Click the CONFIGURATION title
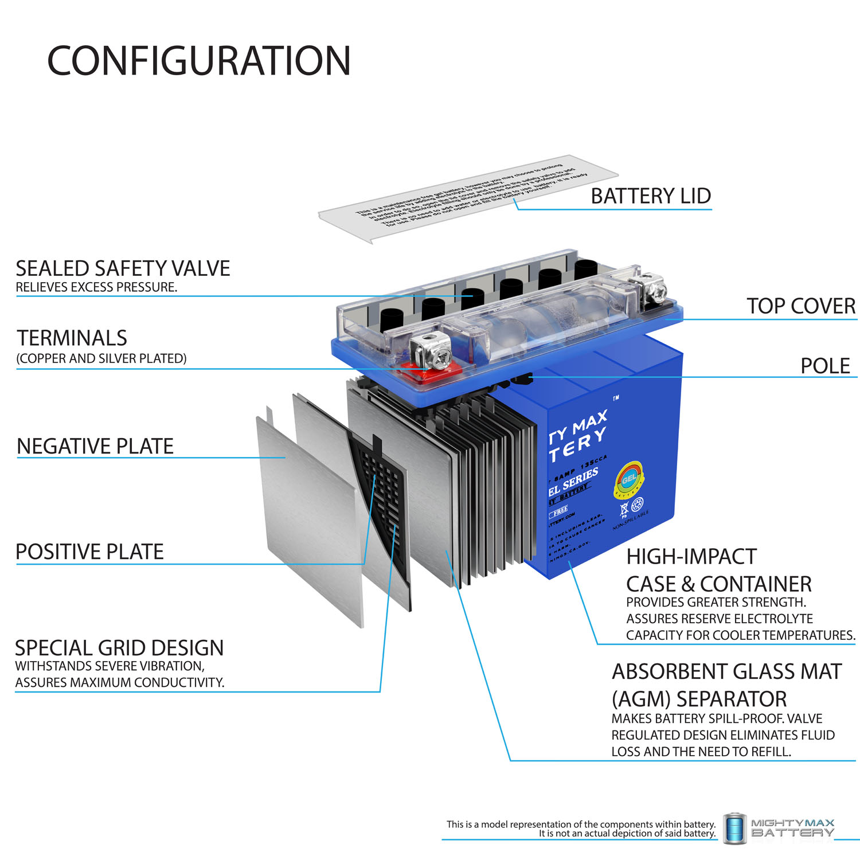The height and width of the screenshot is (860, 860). (x=198, y=61)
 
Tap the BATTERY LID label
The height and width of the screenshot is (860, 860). (x=651, y=196)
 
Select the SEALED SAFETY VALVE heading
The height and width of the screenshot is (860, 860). (x=123, y=268)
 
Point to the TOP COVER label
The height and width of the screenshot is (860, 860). (x=800, y=306)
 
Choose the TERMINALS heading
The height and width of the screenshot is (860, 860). (x=72, y=338)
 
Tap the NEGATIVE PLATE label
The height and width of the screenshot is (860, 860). (x=95, y=446)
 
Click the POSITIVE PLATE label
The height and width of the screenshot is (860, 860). (x=89, y=552)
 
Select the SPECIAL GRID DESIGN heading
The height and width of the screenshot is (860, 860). (x=119, y=648)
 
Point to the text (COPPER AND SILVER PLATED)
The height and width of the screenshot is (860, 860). (x=101, y=358)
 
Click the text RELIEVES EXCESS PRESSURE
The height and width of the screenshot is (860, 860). (x=96, y=287)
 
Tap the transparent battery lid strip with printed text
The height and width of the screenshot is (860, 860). (x=467, y=198)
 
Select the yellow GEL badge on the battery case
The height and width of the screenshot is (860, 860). (x=629, y=479)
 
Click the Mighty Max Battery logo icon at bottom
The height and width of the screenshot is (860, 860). (x=734, y=828)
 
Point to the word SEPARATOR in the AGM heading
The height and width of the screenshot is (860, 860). (x=732, y=699)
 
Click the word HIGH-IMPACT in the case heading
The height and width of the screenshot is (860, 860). (x=691, y=556)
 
